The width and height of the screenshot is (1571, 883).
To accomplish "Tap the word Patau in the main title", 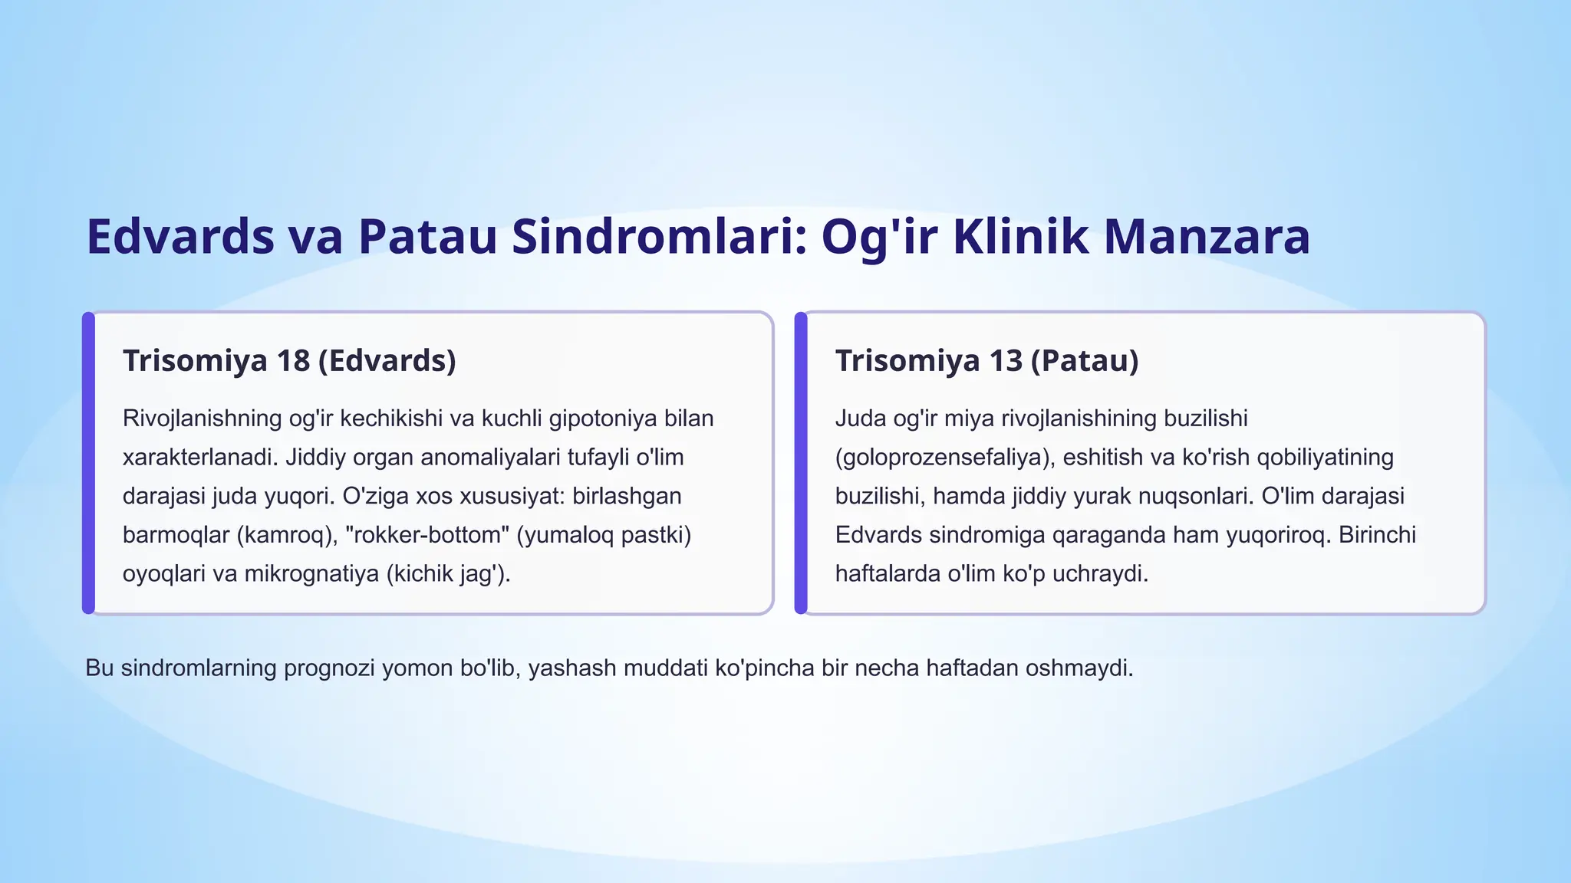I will tap(428, 237).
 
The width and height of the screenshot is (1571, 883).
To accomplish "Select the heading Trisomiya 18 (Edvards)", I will tap(289, 360).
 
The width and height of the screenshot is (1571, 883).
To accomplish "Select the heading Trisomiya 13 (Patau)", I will tap(986, 360).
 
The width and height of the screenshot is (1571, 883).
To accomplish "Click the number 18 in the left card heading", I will tap(292, 360).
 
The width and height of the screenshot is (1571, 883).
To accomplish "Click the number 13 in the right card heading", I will tap(1004, 360).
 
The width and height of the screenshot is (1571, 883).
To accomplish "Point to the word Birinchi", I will tap(1377, 534).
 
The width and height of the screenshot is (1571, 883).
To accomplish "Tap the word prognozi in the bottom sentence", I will tap(329, 668).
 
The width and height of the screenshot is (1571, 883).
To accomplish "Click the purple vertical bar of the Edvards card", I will tap(88, 463).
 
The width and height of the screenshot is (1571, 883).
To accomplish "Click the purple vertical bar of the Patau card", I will tap(801, 463).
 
